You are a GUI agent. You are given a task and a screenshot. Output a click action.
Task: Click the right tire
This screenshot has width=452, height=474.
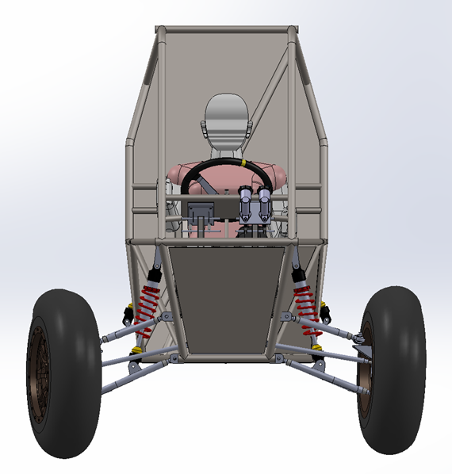[x=396, y=373]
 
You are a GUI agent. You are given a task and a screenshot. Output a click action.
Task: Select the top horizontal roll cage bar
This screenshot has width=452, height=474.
[x=226, y=30]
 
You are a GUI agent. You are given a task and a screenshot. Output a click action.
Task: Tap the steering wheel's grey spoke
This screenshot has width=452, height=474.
[x=207, y=184]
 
